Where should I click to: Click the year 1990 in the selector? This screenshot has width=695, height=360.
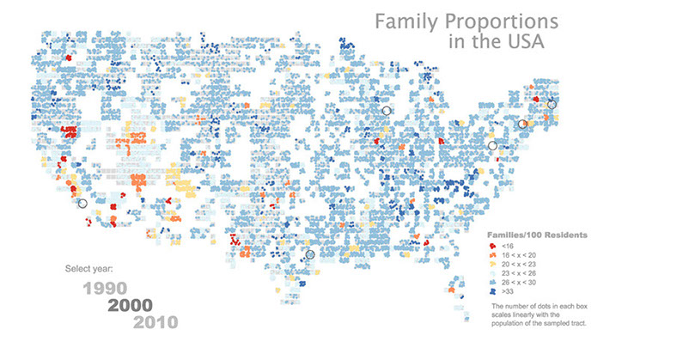[106, 287]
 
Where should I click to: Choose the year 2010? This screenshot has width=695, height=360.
[155, 322]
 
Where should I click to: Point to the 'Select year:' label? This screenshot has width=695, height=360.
[88, 269]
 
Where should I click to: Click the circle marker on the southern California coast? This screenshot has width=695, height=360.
[82, 204]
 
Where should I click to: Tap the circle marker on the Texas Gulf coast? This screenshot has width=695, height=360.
[310, 254]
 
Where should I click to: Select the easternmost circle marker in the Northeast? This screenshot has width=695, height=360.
[552, 105]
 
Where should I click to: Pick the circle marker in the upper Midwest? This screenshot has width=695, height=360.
[386, 111]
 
